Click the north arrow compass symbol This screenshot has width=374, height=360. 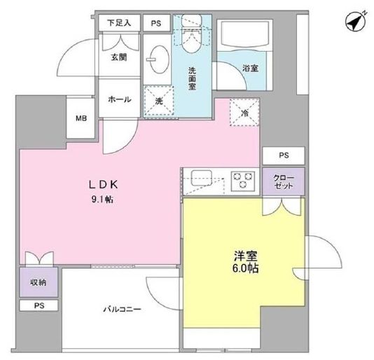[x=355, y=22]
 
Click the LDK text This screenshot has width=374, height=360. [x=105, y=186]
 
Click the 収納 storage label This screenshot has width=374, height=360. [x=37, y=283]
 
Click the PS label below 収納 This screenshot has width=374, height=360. [x=37, y=306]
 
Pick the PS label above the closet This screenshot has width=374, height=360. [x=284, y=155]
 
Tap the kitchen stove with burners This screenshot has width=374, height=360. [x=244, y=181]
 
